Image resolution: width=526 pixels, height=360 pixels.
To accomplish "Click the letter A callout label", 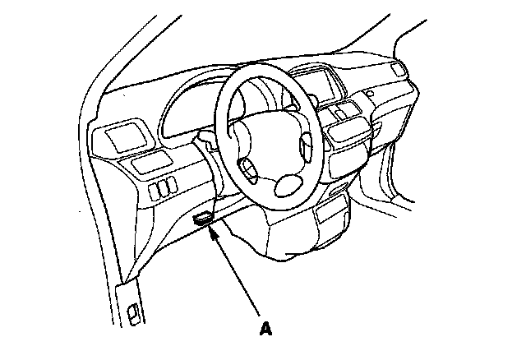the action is pos(265,329).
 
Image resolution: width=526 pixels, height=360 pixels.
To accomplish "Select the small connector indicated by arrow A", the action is pos(202,219).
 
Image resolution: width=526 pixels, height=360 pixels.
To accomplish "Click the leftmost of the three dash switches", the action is pos(155,192).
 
